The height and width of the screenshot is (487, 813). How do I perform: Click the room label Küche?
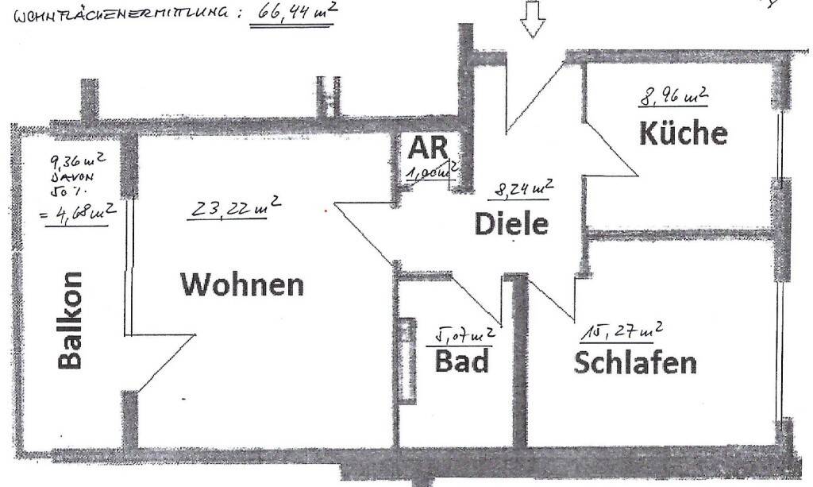683,133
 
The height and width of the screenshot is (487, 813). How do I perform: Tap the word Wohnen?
242,284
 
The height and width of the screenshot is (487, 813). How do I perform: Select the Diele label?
511,223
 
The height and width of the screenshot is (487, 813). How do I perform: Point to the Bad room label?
461,362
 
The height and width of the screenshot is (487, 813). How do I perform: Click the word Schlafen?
634,362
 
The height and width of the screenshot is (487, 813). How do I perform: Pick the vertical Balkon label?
70,320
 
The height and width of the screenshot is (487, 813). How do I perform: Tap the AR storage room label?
429,148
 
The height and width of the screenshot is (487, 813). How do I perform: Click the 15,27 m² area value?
624,330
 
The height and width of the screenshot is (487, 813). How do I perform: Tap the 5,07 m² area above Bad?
462,336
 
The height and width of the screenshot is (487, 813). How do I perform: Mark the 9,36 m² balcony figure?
76,164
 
